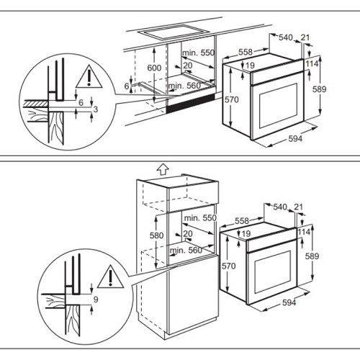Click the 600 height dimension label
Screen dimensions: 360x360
(x=154, y=68)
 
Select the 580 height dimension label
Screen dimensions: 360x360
(x=157, y=235)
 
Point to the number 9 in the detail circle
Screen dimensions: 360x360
(x=96, y=300)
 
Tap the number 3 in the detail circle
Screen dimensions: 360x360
(x=96, y=109)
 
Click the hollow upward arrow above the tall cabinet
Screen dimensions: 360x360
(x=163, y=169)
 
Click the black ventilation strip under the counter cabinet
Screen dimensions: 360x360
(x=191, y=104)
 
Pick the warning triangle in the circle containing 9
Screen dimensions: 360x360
(x=110, y=276)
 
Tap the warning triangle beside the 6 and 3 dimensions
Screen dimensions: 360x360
(x=89, y=76)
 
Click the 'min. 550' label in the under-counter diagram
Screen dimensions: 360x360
(x=198, y=53)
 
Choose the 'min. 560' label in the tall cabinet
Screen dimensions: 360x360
(x=186, y=251)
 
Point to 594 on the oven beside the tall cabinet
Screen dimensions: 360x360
(x=289, y=302)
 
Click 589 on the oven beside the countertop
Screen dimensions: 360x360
(x=320, y=89)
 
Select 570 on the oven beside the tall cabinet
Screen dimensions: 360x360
(x=229, y=266)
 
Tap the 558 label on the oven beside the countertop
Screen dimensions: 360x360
(x=246, y=52)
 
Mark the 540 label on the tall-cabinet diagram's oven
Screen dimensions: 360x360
(x=280, y=207)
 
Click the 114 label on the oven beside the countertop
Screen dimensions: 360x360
(x=312, y=64)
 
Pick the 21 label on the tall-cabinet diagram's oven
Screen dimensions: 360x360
(x=298, y=207)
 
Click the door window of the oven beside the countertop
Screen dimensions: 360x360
(x=279, y=106)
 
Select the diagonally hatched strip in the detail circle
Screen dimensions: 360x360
(x=37, y=103)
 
